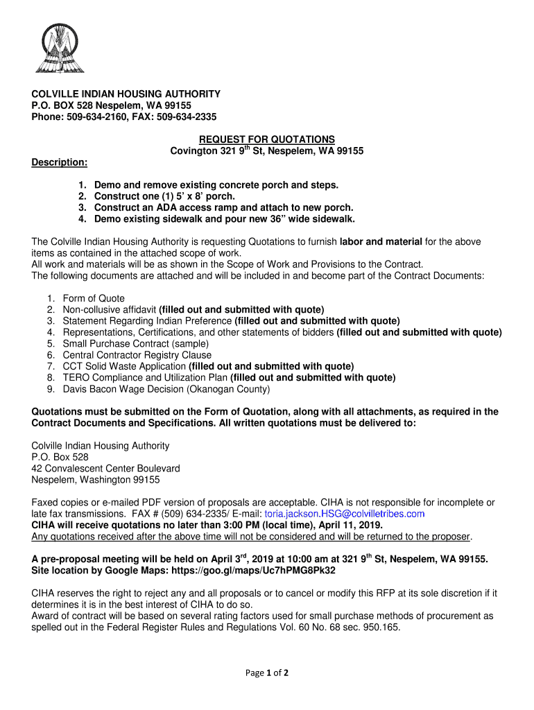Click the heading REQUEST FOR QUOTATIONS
point(267,139)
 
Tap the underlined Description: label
point(60,162)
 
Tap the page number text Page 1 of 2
point(267,673)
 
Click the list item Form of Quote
point(94,299)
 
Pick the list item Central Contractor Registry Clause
point(137,355)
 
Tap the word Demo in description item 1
point(107,185)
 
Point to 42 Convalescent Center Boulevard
point(106,468)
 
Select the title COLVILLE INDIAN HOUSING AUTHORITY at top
point(126,94)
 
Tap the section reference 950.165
point(381,627)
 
